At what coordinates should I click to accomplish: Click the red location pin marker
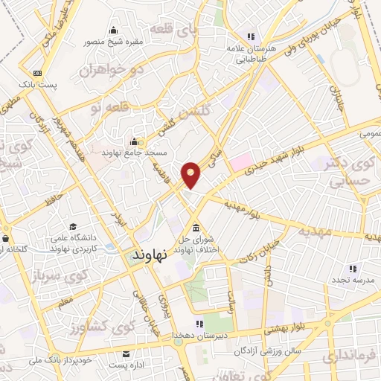pyautogui.click(x=192, y=174)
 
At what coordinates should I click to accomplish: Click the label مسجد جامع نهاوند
pyautogui.click(x=135, y=152)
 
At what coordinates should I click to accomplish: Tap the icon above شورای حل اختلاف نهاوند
pyautogui.click(x=195, y=227)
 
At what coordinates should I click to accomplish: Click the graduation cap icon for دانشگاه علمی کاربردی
pyautogui.click(x=73, y=225)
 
